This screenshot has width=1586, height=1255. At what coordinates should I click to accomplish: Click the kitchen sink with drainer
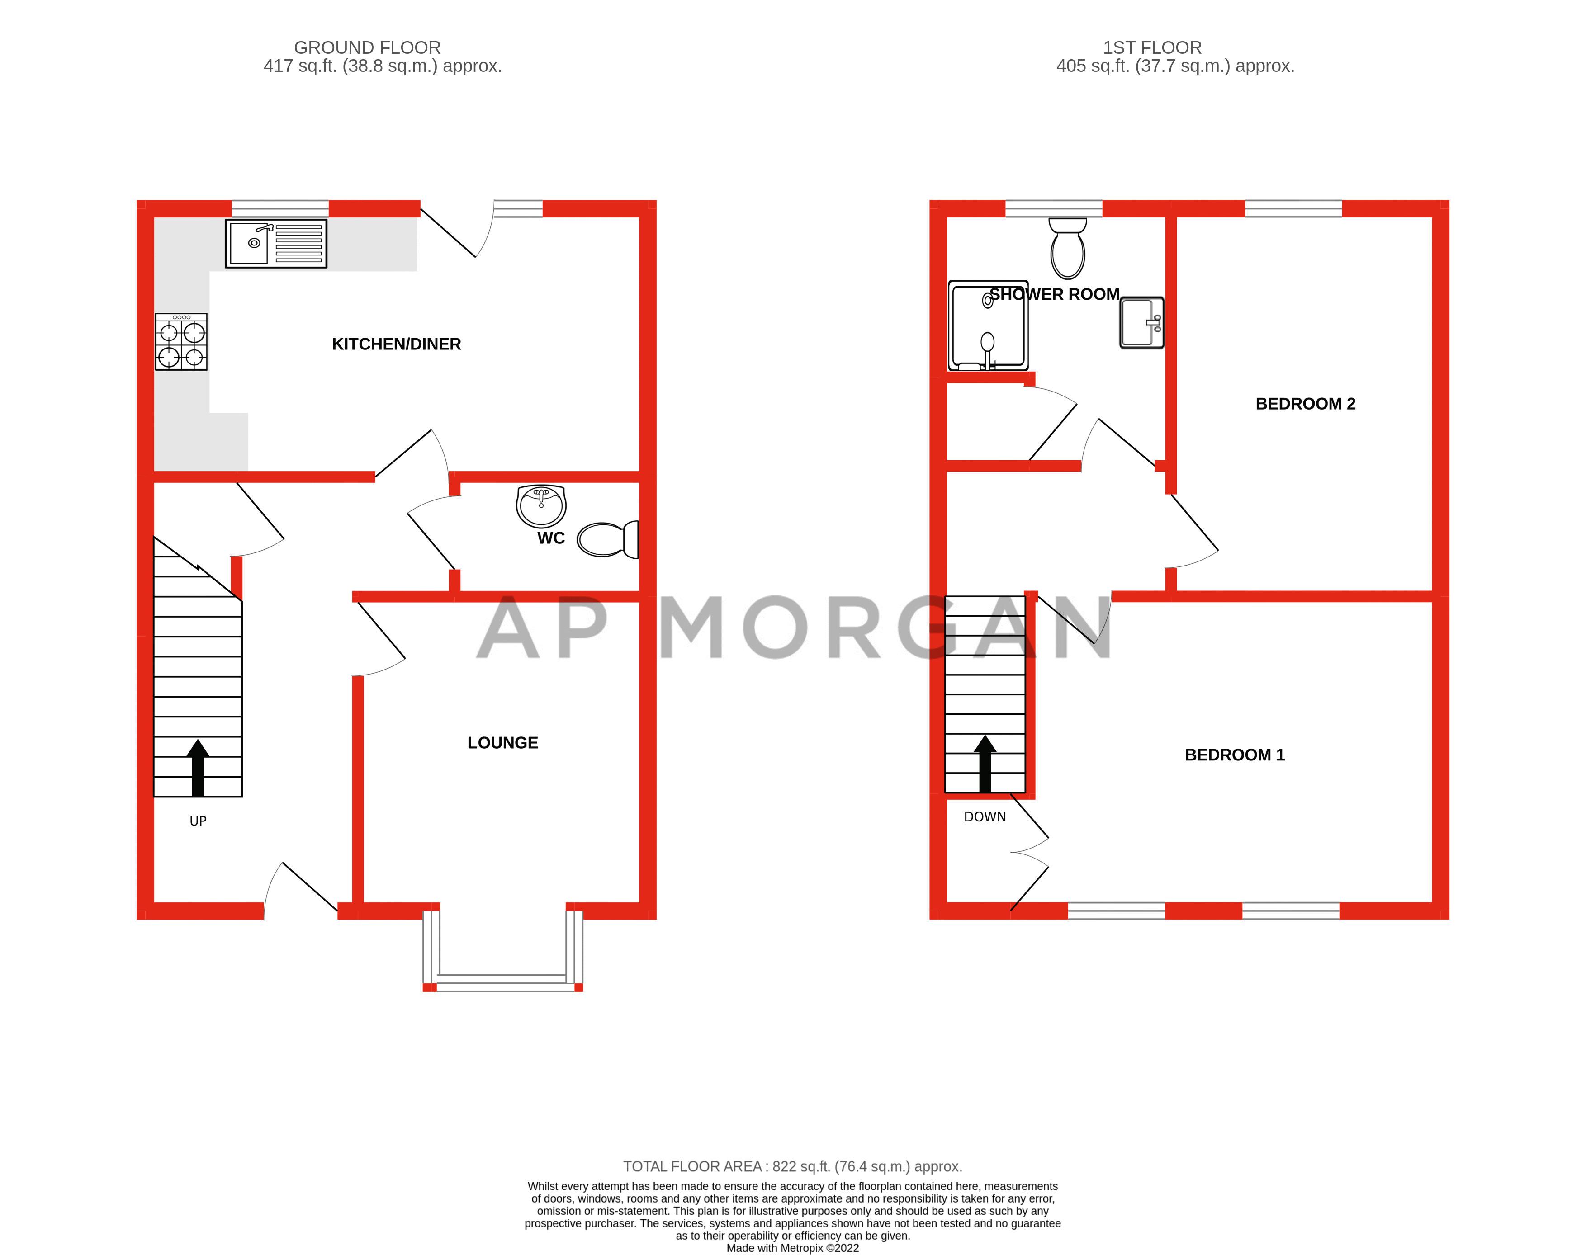[275, 243]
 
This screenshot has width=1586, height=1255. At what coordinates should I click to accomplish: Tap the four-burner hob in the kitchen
[181, 342]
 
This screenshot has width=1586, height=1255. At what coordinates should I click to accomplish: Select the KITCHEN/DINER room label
[396, 344]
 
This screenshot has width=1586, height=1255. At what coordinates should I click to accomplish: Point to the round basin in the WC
[541, 505]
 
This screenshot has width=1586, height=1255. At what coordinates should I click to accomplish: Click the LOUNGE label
[503, 743]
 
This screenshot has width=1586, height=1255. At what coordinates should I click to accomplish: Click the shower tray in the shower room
[988, 325]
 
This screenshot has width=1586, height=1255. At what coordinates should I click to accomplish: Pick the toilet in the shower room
[1068, 248]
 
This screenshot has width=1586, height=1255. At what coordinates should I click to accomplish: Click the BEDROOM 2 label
[1305, 403]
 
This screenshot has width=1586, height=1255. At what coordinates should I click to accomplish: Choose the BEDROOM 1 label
[1235, 755]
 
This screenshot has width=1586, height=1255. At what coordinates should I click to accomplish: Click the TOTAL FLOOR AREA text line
[792, 1166]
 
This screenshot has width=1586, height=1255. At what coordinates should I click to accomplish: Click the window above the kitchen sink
[280, 208]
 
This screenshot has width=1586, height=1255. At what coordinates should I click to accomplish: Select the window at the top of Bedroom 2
[1293, 208]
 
